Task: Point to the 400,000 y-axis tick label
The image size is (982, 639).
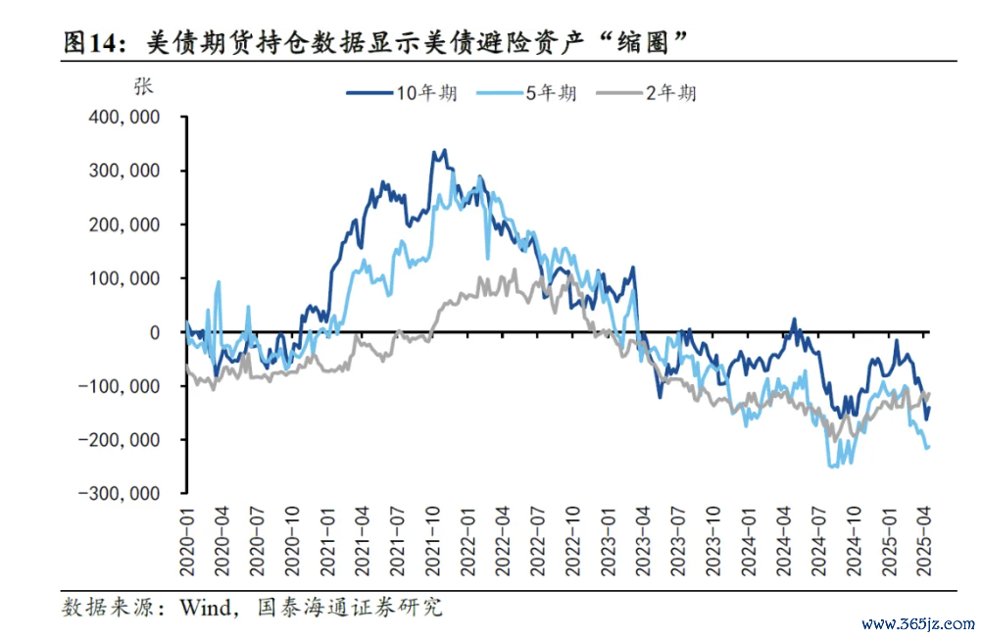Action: (123, 118)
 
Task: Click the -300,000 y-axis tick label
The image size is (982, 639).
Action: (121, 493)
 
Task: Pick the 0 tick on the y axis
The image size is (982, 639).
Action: (154, 332)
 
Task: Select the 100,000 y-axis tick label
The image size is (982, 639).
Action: (123, 278)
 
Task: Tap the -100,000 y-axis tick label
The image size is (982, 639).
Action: (121, 386)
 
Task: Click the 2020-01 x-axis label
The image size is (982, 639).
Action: (186, 535)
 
